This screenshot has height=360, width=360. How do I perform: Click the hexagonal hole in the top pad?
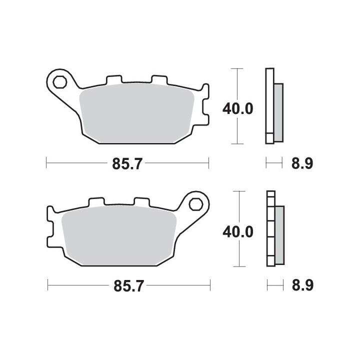coord(59,82)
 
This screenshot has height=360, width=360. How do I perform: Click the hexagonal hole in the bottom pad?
coord(196,204)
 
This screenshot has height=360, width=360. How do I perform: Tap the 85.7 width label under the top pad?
coord(127,163)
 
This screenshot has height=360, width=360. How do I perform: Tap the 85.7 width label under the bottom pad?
coord(128,286)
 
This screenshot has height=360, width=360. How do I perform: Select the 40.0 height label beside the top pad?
coord(238,109)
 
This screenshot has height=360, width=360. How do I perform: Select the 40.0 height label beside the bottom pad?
coord(238,231)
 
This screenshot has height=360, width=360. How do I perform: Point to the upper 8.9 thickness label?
coord(302,163)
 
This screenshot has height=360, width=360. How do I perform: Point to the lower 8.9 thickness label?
coord(302,285)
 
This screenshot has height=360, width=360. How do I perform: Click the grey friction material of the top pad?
coord(136,113)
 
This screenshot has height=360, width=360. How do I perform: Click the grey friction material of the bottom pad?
coord(119,235)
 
